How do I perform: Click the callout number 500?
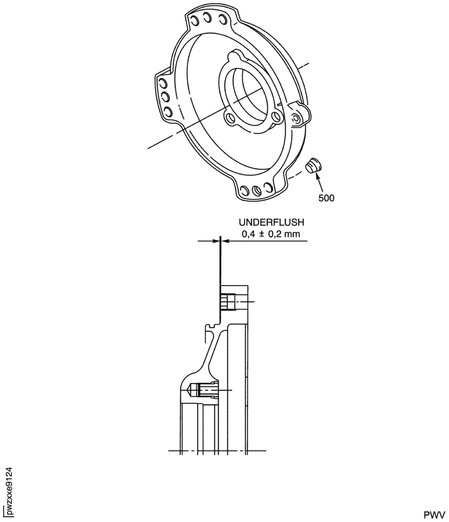[326, 198]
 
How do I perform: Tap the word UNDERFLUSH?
[271, 222]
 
